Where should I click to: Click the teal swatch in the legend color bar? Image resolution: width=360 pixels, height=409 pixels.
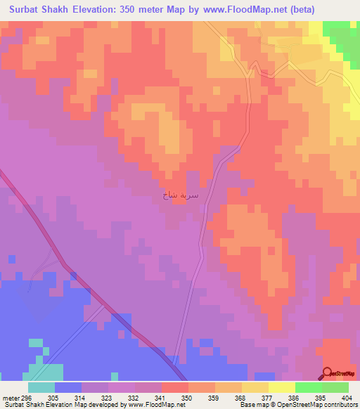41,387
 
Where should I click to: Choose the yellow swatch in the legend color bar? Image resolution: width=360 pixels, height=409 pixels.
281,387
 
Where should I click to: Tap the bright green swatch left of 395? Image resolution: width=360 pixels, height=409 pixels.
308,387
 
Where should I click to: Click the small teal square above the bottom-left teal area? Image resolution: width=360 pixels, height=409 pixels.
35,343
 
